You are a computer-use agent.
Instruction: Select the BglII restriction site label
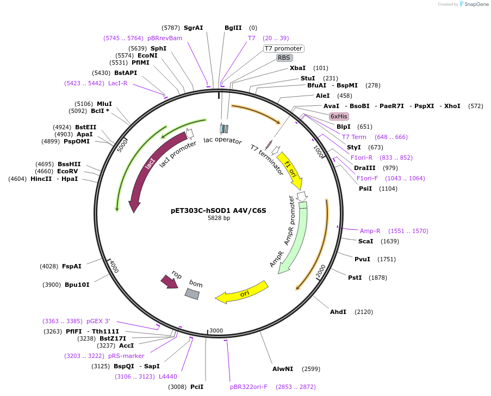(x=233, y=28)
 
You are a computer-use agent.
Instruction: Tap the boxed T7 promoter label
(x=283, y=48)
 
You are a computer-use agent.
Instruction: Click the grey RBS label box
(x=284, y=58)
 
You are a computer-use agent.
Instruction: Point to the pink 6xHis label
(x=339, y=116)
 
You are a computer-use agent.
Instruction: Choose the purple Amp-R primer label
(x=370, y=231)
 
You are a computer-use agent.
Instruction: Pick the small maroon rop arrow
(x=169, y=281)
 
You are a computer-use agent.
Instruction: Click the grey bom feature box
(x=192, y=293)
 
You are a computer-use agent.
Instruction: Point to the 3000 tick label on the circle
(x=216, y=330)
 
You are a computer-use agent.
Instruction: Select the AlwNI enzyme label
(x=283, y=369)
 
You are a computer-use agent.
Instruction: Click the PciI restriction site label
(x=197, y=387)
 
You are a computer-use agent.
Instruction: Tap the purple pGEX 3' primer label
(x=98, y=321)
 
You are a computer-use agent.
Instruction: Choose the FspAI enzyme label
(x=72, y=266)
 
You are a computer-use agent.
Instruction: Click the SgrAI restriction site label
(x=193, y=28)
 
